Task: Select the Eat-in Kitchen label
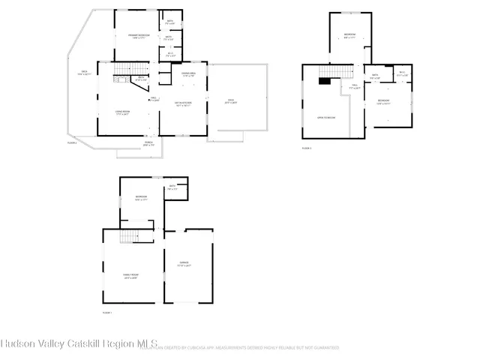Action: [183, 103]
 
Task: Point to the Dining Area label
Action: [188, 74]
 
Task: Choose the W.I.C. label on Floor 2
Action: [169, 54]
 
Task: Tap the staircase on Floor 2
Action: [121, 76]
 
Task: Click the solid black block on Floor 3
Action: [324, 82]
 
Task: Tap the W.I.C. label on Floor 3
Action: [401, 73]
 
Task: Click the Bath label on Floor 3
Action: [376, 76]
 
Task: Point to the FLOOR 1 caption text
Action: [106, 312]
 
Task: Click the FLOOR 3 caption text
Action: [306, 148]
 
